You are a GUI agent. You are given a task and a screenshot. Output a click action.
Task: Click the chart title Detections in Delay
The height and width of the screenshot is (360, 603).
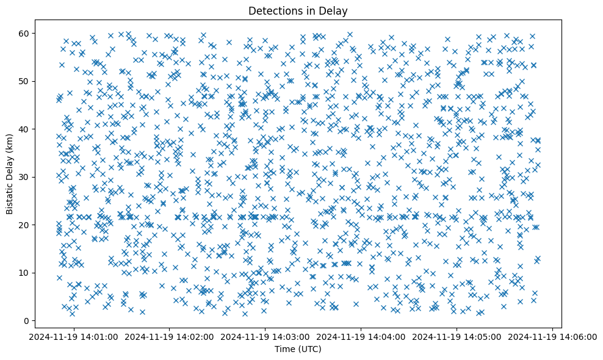[298, 10]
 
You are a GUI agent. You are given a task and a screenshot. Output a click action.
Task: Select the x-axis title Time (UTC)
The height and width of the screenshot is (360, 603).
[298, 349]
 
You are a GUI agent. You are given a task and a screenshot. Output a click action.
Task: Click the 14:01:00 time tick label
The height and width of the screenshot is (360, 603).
[74, 336]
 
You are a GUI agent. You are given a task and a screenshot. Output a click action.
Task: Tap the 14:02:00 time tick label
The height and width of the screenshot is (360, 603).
[170, 336]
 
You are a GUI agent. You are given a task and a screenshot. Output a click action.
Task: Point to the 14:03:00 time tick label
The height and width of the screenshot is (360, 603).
[265, 336]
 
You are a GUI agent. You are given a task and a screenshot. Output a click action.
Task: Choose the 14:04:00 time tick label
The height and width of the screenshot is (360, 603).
[361, 336]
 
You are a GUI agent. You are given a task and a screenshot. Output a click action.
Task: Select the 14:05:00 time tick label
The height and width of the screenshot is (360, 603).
[457, 336]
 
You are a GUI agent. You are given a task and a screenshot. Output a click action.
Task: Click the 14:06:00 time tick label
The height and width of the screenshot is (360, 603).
[553, 336]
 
